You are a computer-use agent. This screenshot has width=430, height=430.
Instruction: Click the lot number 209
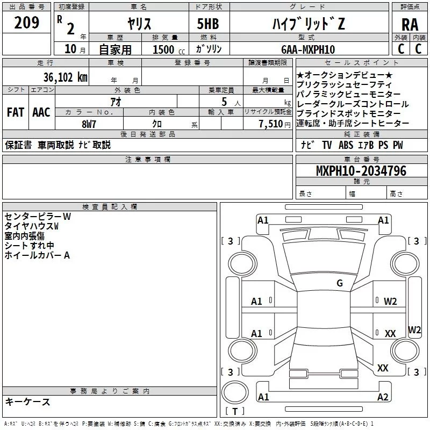tap(26, 24)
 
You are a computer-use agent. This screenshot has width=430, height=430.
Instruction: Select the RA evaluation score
tap(410, 24)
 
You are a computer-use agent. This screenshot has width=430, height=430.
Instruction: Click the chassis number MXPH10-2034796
tap(361, 171)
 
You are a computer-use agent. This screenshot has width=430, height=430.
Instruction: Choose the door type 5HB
tap(207, 24)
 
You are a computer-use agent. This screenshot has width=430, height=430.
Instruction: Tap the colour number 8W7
tap(89, 124)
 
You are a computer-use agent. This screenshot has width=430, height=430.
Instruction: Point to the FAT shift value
tap(15, 112)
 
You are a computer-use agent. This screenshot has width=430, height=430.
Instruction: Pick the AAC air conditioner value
tap(41, 112)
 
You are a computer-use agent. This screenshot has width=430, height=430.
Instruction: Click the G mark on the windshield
tap(340, 283)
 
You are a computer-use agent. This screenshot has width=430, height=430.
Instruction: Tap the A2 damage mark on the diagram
tap(383, 397)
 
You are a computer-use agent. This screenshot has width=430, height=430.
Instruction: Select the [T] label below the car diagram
tap(234, 412)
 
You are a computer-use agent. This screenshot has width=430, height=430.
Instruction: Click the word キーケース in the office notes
tap(28, 402)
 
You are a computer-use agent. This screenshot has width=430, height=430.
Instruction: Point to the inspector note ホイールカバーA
tap(37, 255)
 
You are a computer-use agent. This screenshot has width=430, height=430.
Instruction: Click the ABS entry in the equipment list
tap(346, 145)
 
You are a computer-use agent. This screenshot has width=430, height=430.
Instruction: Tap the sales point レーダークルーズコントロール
tap(353, 104)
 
